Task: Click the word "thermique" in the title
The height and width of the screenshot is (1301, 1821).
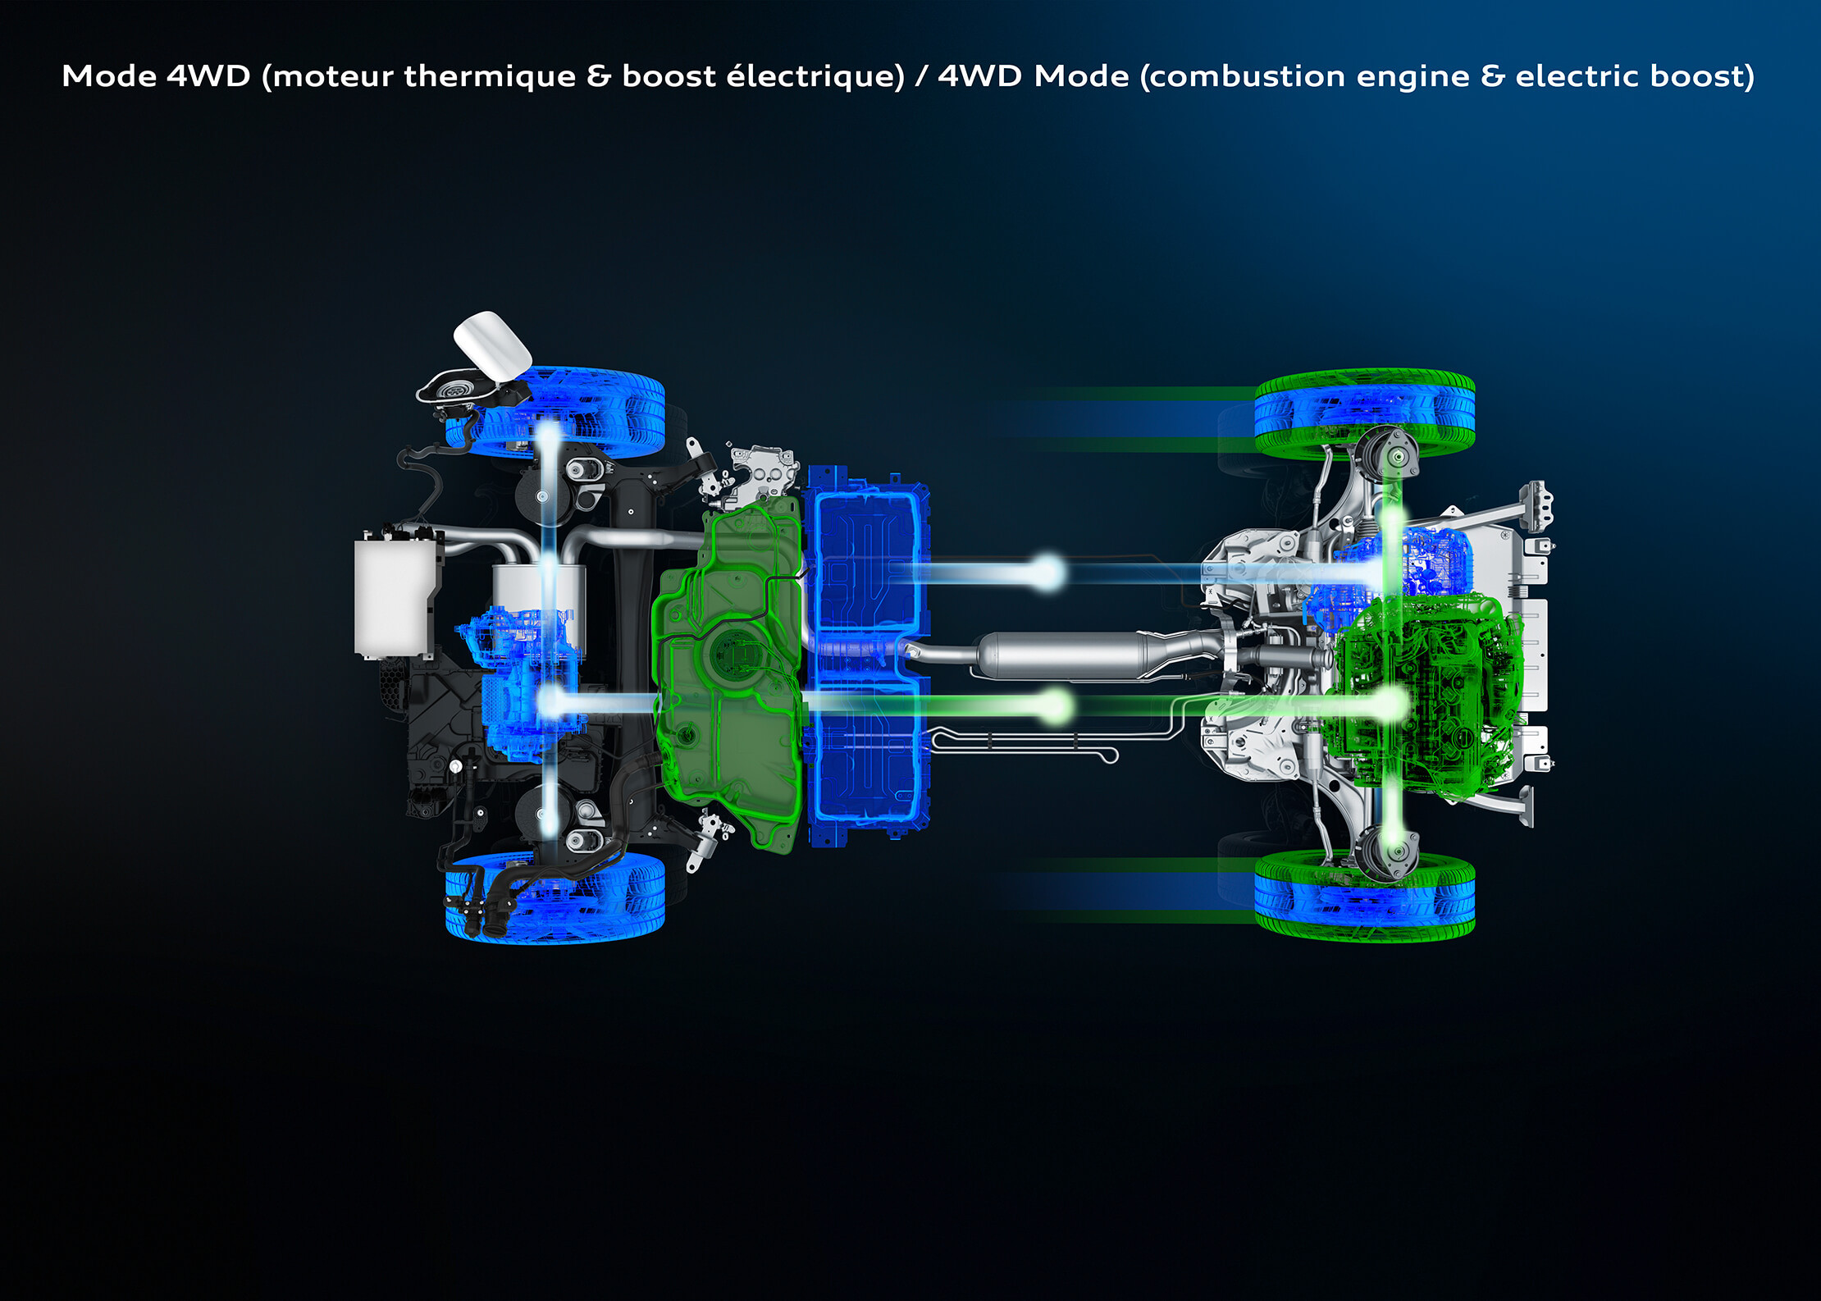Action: tap(490, 76)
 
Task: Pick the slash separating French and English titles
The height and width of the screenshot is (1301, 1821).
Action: tap(921, 76)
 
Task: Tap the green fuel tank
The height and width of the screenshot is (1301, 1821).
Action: tap(728, 673)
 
